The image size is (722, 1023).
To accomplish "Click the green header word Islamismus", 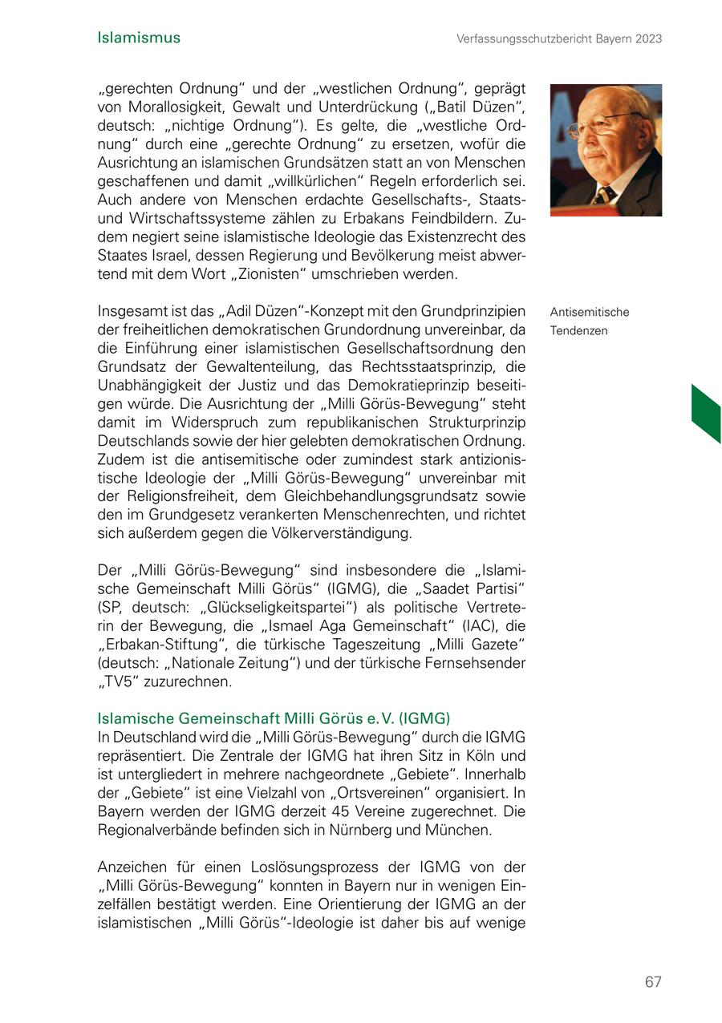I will click(x=139, y=38).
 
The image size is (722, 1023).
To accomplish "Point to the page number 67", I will click(x=653, y=981).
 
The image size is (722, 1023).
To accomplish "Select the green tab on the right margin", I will click(x=706, y=414).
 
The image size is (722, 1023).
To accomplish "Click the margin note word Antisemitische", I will click(x=590, y=313).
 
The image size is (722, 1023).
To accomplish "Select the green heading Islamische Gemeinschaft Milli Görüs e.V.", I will click(x=273, y=718).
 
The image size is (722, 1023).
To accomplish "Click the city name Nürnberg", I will click(x=356, y=830).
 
